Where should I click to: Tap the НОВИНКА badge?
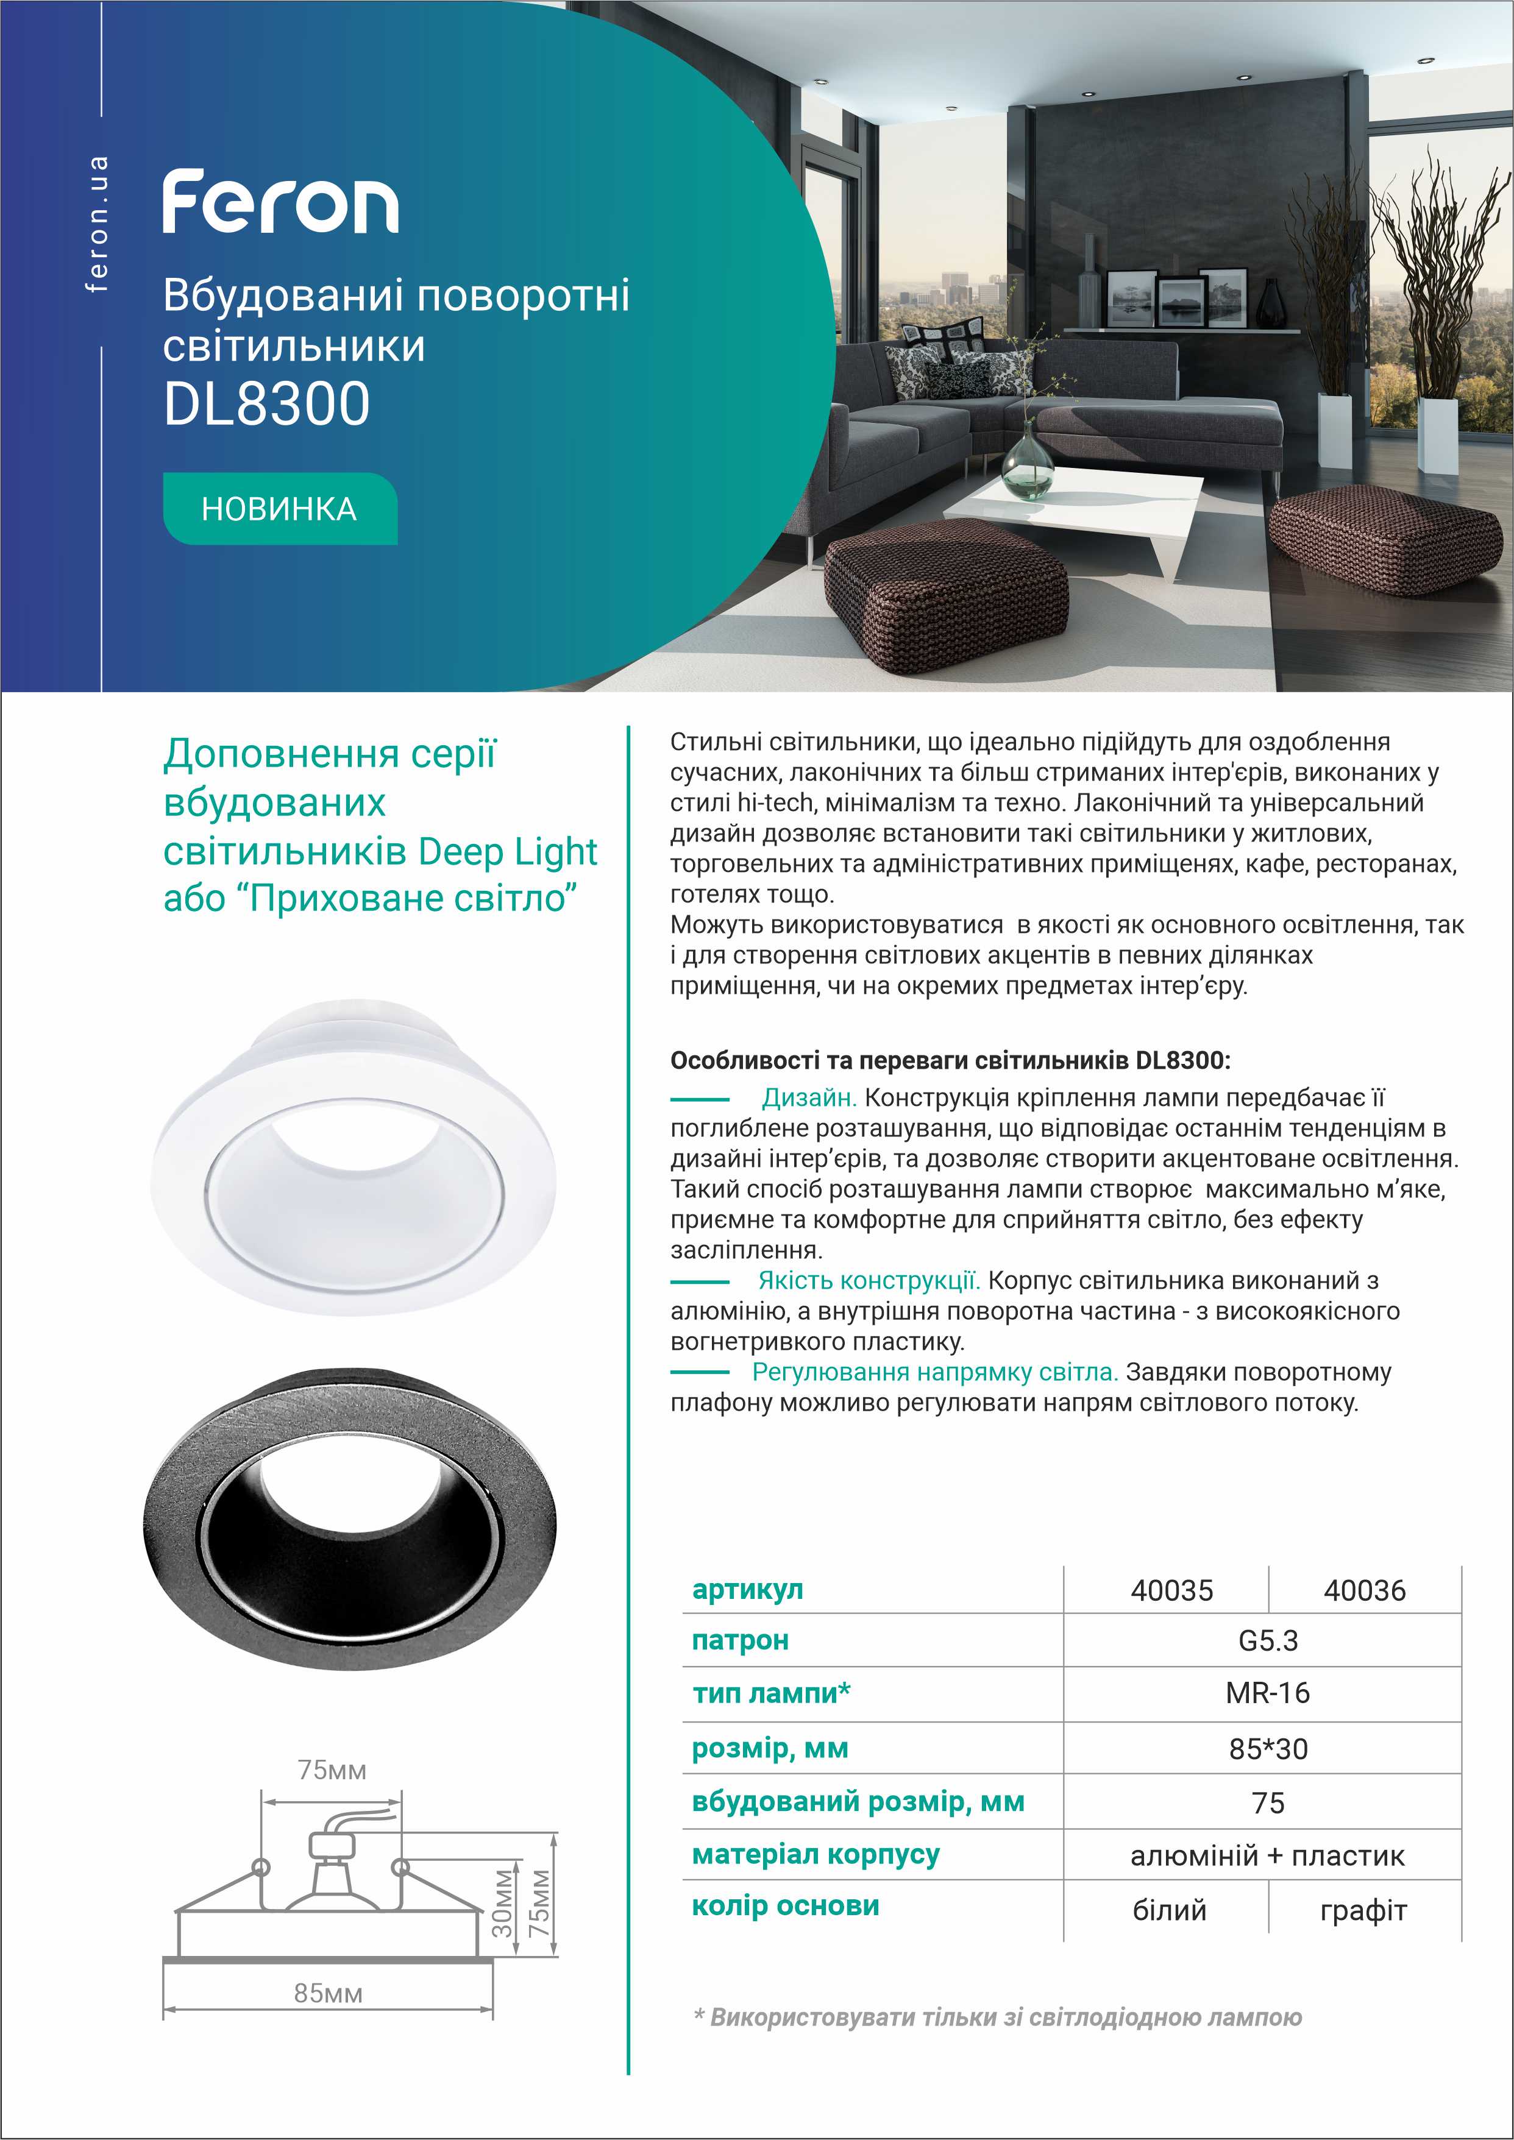point(280,509)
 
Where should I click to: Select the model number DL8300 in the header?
point(266,405)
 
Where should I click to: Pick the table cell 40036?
point(1364,1590)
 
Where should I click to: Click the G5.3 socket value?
point(1267,1640)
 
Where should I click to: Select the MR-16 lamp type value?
point(1267,1693)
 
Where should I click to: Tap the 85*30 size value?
point(1267,1749)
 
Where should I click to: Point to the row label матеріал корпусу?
point(815,1855)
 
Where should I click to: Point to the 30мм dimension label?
point(502,1903)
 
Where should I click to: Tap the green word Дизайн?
point(808,1098)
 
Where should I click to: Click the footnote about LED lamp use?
point(998,2017)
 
